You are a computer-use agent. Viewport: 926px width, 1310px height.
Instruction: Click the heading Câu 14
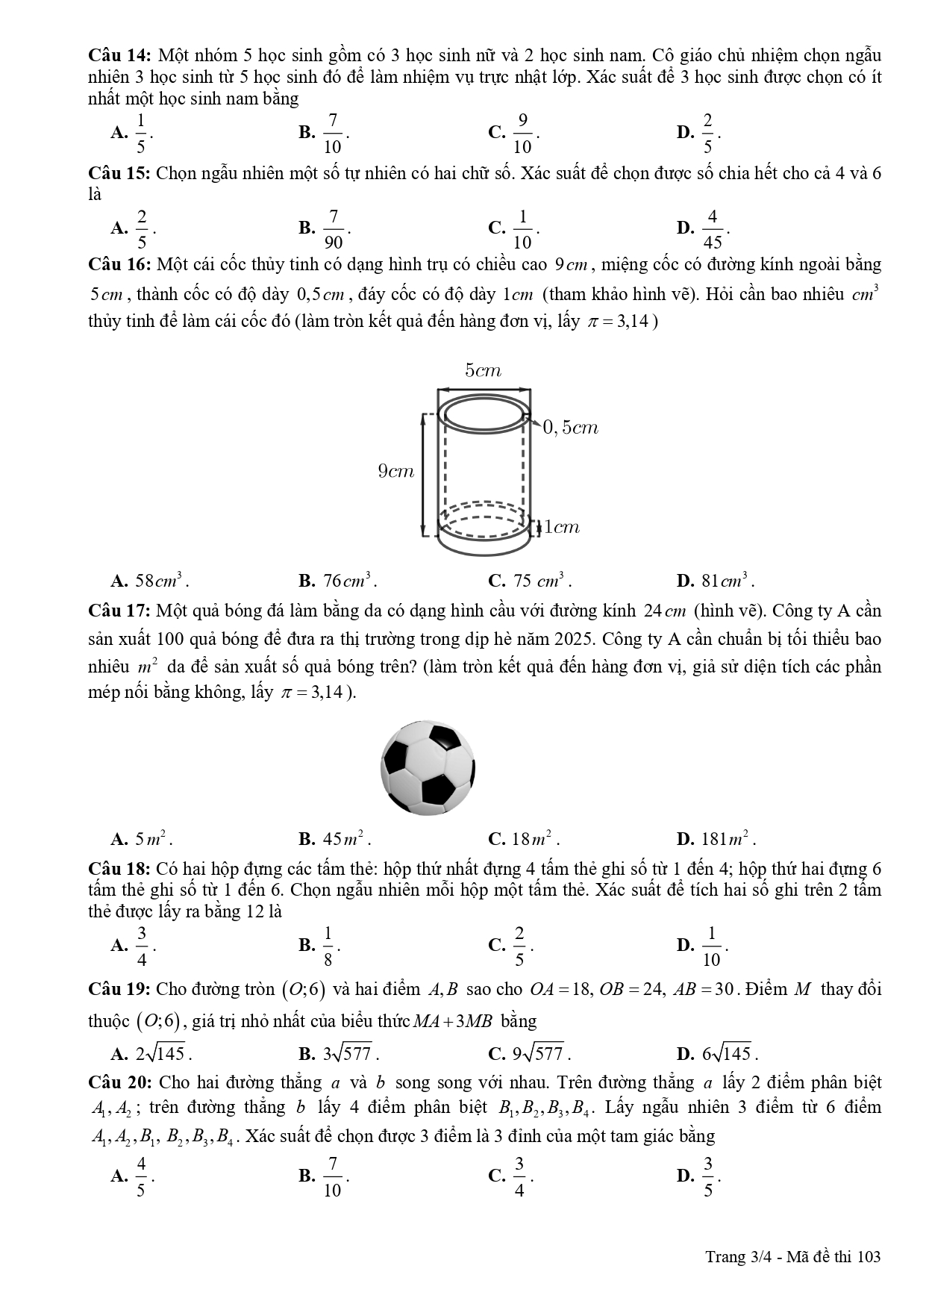pos(120,55)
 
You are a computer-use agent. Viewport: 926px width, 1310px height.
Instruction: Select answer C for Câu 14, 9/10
pos(522,132)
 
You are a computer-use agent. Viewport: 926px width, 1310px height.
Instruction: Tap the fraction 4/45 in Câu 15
pos(712,228)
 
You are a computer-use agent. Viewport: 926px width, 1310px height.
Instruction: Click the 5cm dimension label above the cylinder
pos(483,370)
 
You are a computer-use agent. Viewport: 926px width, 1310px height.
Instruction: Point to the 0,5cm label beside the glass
pos(571,428)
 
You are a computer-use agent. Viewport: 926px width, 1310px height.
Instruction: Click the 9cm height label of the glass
pos(395,471)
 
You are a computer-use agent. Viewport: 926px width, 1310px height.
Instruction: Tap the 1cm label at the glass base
pos(562,527)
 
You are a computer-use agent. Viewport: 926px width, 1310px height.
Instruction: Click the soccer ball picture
pos(428,767)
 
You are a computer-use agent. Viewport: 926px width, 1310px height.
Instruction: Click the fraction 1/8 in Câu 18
pos(328,946)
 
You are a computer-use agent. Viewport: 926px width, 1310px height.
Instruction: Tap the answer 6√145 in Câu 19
pos(729,1054)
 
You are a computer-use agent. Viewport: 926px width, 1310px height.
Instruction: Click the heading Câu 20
pos(120,1082)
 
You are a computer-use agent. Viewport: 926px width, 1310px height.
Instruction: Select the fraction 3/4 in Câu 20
pos(519,1176)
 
